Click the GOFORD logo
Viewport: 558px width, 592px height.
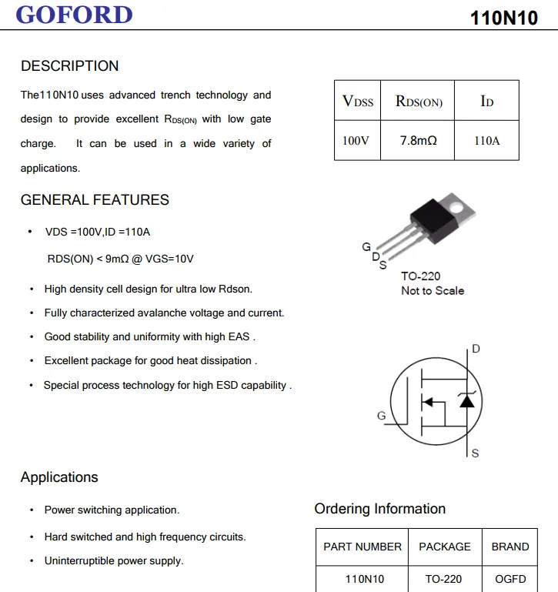[x=74, y=15]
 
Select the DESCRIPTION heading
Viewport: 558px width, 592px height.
[x=70, y=66]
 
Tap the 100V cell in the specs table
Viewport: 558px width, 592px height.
[x=356, y=141]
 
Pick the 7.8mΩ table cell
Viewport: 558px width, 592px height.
[x=418, y=141]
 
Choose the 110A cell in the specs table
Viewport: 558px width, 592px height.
[x=486, y=141]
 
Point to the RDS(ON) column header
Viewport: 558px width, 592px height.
[x=418, y=101]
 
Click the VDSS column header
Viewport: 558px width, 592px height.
[x=357, y=101]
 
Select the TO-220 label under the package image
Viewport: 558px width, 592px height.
[x=420, y=276]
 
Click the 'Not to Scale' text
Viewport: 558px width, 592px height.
[x=433, y=290]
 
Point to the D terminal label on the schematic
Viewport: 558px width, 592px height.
[x=476, y=350]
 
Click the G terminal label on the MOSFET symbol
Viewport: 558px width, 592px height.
[x=381, y=416]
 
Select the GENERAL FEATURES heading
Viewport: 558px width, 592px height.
[x=95, y=200]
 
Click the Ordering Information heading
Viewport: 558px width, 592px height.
[x=379, y=509]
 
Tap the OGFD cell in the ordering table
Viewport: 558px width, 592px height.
[x=510, y=578]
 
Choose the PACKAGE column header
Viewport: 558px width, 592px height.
[x=444, y=547]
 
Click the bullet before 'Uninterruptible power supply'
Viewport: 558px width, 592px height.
[x=32, y=561]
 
